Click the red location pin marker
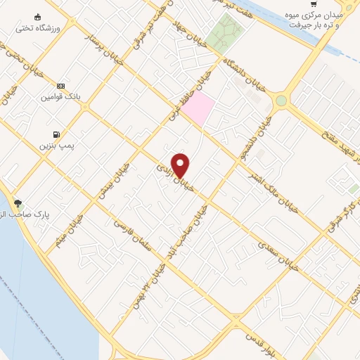(x=181, y=165)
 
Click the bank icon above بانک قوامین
(x=61, y=85)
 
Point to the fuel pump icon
(x=56, y=134)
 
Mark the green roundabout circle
(x=281, y=101)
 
